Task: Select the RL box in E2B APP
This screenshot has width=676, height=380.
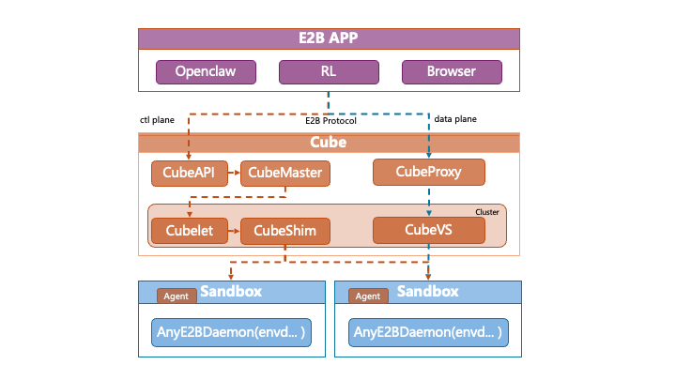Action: (x=329, y=71)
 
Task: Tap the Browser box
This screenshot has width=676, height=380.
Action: (x=452, y=71)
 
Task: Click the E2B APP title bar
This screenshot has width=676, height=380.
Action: (x=329, y=38)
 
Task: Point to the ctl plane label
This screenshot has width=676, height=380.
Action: (x=158, y=119)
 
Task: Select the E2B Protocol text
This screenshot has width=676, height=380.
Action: (x=330, y=121)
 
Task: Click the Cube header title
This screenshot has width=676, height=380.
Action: (x=329, y=143)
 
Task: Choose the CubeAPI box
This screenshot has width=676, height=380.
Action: (x=189, y=173)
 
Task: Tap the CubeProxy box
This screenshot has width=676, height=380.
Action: (x=429, y=172)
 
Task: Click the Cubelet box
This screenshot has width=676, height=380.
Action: (x=189, y=230)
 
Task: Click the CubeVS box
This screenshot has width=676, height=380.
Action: (x=428, y=229)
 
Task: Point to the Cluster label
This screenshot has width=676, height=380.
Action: (x=487, y=212)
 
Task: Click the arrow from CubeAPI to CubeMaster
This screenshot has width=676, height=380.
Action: (x=234, y=173)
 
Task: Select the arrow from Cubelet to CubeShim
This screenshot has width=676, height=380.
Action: (x=234, y=230)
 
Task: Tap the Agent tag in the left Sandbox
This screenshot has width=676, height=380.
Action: (x=177, y=296)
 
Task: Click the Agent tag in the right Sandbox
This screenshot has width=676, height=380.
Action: (x=368, y=296)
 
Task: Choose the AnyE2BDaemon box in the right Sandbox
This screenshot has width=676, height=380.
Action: (x=427, y=332)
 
